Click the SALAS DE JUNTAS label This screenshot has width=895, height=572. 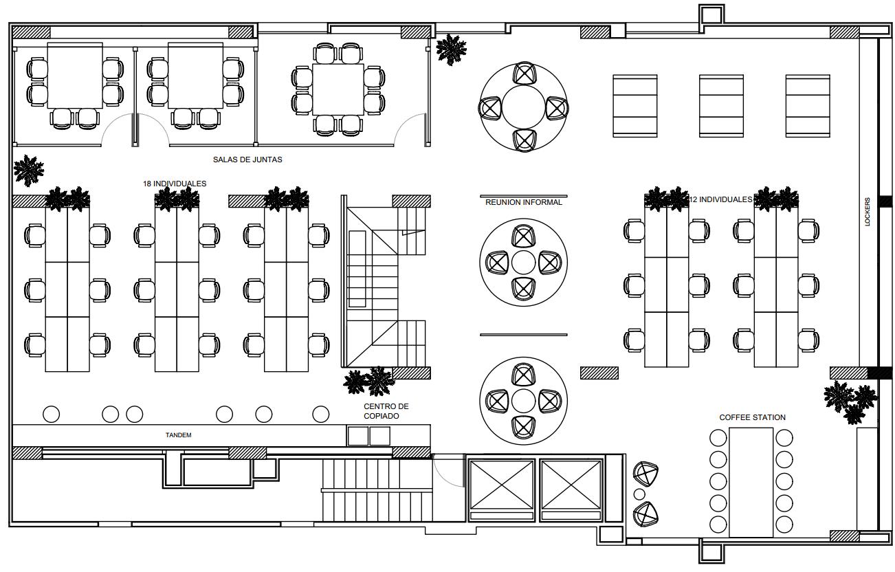(247, 159)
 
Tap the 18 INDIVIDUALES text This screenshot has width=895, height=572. (175, 184)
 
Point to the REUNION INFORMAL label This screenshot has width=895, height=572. (524, 203)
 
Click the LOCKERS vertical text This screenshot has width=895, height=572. (868, 212)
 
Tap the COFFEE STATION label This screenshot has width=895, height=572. (752, 417)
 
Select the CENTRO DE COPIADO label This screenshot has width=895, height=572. (386, 411)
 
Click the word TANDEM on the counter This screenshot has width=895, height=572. (178, 435)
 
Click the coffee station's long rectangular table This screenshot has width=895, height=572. (751, 481)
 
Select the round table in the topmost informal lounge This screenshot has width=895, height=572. (523, 107)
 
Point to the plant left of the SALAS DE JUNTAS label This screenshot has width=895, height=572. (28, 170)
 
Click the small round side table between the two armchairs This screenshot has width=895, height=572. (639, 494)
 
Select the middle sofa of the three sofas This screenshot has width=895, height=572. (721, 106)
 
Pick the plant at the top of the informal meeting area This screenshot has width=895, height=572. (451, 49)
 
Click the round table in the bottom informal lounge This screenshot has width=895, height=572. (523, 401)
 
